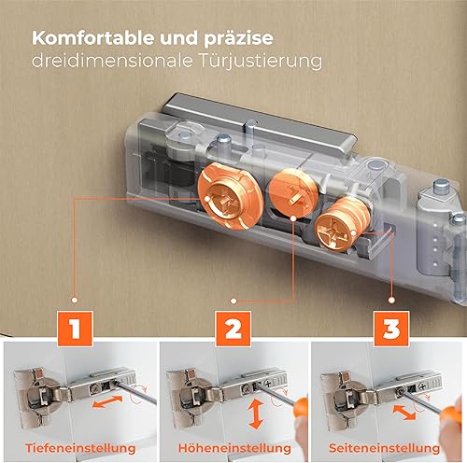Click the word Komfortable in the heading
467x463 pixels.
tap(93, 38)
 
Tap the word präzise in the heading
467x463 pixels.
tap(238, 39)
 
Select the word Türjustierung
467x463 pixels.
tap(260, 61)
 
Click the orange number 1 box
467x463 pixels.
tap(75, 329)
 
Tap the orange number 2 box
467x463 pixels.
tap(233, 329)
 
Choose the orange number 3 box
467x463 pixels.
tap(391, 329)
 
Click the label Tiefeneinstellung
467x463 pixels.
tap(80, 448)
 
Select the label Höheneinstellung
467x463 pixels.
tap(234, 448)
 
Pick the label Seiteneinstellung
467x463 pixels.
tap(385, 448)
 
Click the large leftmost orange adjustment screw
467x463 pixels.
tap(231, 197)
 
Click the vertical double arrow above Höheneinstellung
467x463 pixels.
tap(256, 414)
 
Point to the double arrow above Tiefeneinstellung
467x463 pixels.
tap(107, 401)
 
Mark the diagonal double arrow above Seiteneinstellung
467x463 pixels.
tap(404, 412)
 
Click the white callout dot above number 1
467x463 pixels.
tap(75, 301)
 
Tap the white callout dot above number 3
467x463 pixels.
tap(391, 301)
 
